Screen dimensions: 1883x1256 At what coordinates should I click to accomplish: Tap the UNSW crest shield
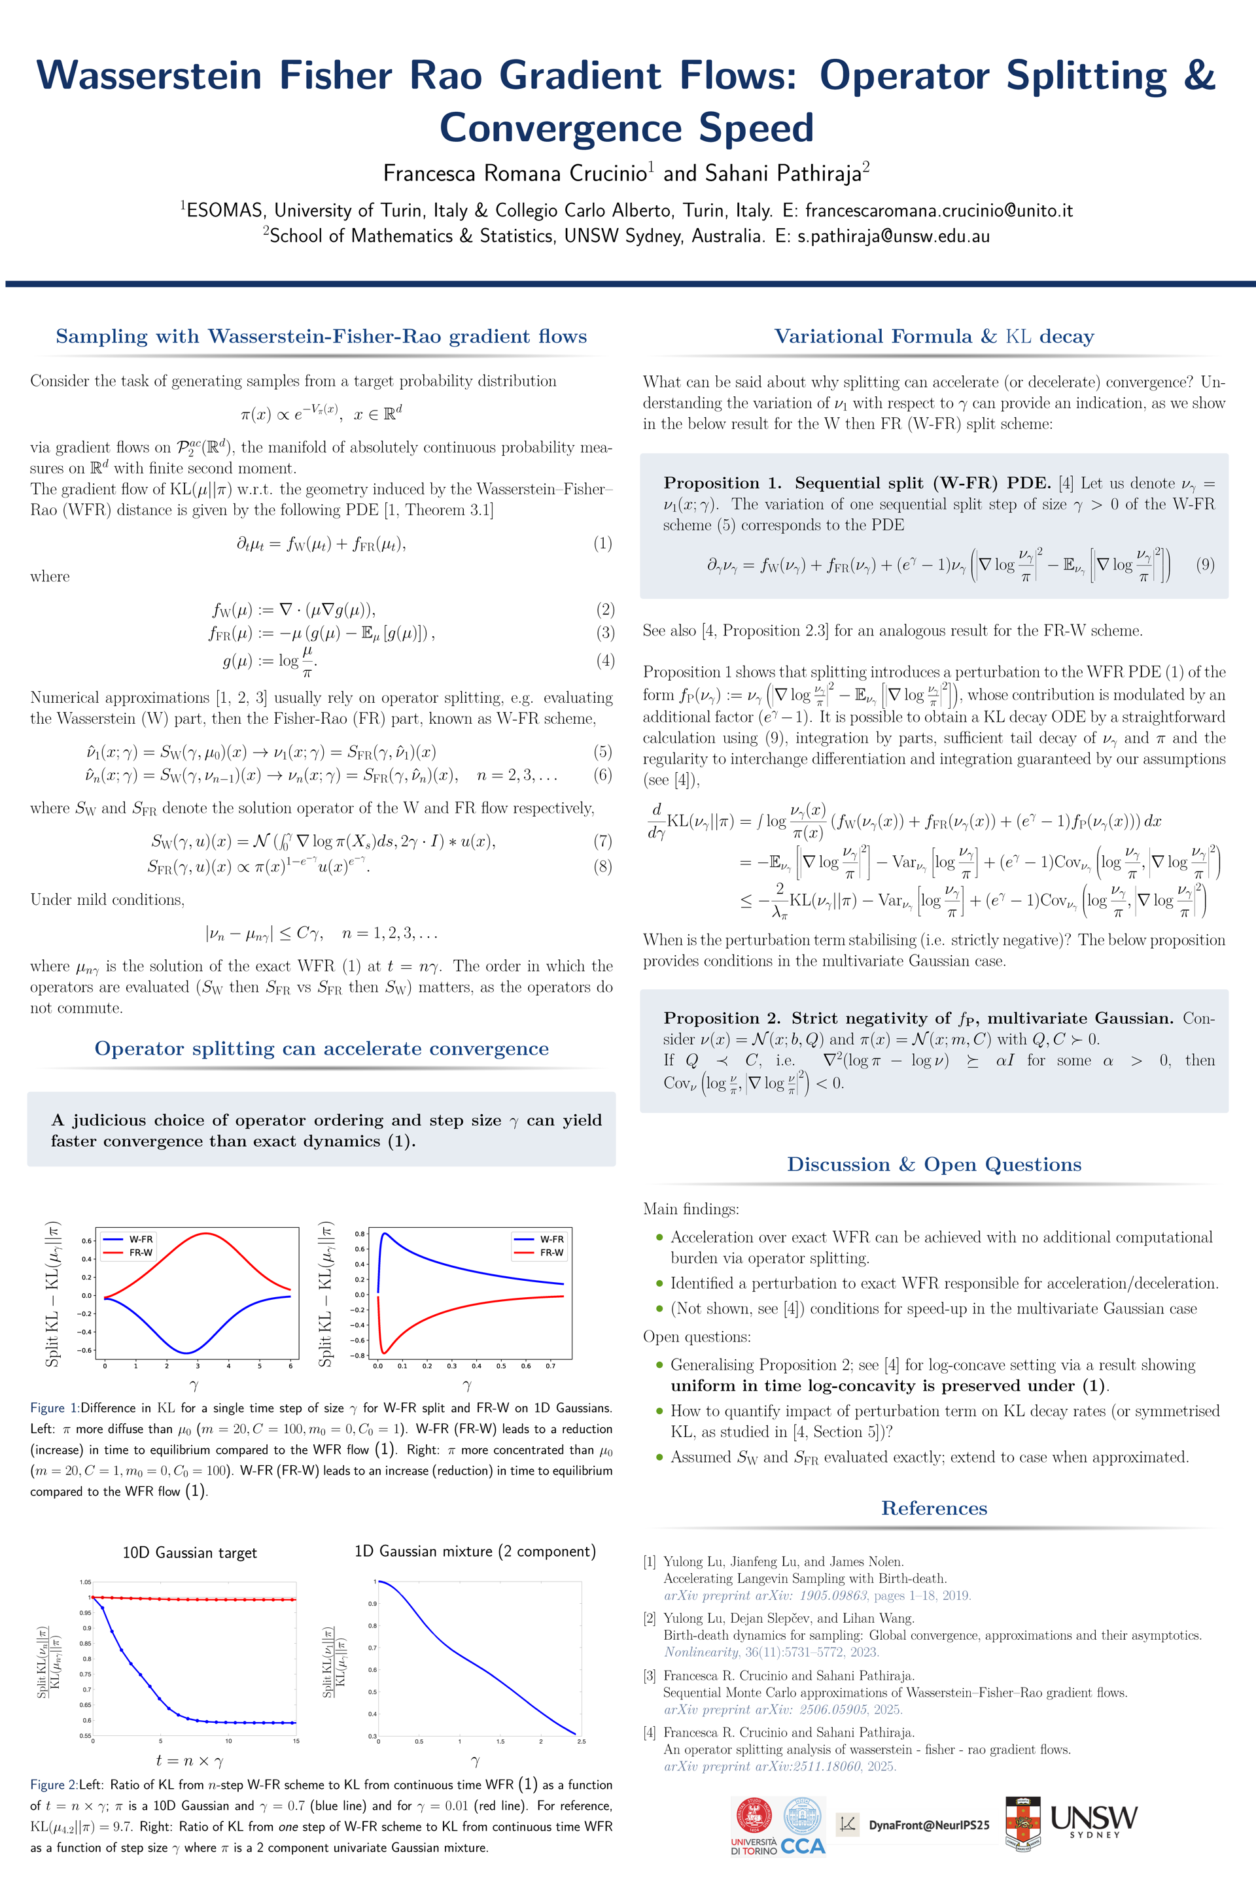click(1023, 1823)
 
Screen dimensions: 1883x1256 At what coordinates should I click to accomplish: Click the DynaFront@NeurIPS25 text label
click(928, 1825)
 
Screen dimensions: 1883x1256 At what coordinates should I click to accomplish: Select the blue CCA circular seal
click(803, 1816)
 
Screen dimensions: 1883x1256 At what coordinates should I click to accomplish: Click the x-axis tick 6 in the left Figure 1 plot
click(290, 1366)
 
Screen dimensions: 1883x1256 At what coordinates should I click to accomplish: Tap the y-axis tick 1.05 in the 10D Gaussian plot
click(85, 1582)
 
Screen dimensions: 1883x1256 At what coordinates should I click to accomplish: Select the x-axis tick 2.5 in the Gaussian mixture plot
click(581, 1741)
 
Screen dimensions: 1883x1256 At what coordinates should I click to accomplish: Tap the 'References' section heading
click(934, 1508)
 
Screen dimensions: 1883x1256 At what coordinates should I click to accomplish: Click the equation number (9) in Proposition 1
click(1205, 564)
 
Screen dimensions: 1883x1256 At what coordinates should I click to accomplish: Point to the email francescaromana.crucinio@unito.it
click(939, 211)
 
